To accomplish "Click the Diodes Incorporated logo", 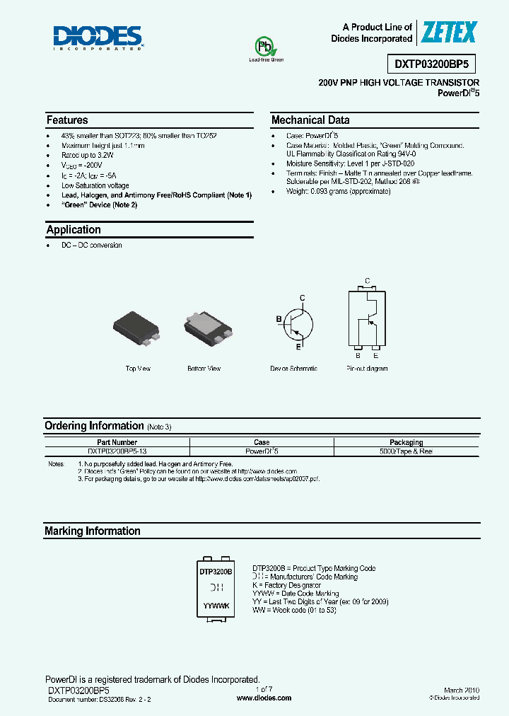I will (x=98, y=37).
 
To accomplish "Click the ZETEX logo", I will (x=449, y=33).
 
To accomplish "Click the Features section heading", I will (x=67, y=120).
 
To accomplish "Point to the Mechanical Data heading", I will (x=310, y=120).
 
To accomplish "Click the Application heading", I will (x=74, y=230).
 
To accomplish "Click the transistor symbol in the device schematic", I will (x=298, y=323).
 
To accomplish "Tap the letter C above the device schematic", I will (x=302, y=298).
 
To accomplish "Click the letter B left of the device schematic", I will (x=279, y=320).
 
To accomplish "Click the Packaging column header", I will (x=406, y=442).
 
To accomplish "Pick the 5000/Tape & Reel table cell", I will (x=406, y=451).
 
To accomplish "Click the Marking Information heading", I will (x=93, y=531).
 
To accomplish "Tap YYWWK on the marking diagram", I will (x=216, y=606).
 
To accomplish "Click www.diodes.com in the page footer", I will (x=264, y=698).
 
